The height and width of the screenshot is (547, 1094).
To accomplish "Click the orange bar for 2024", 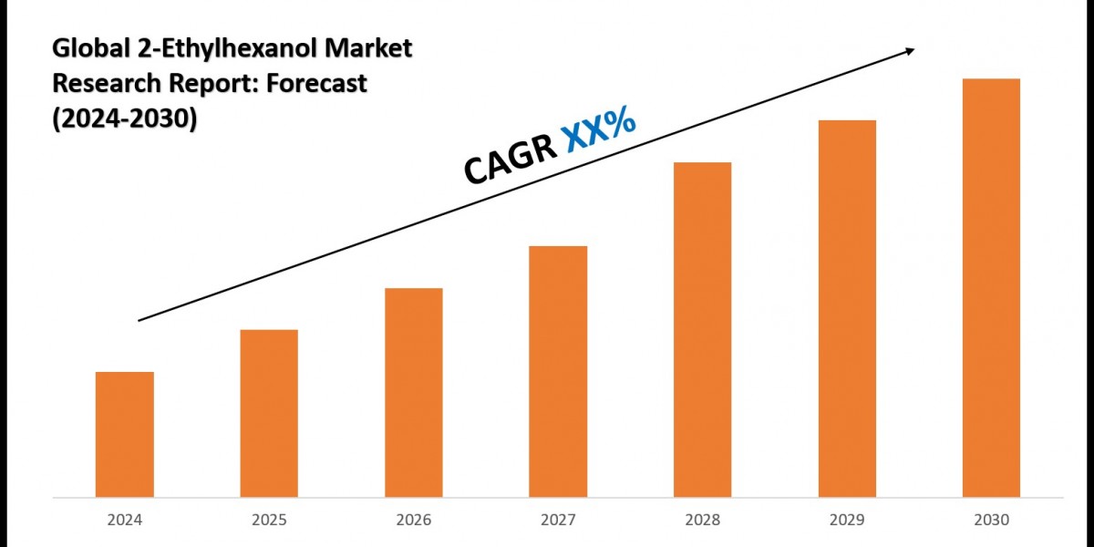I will (124, 434).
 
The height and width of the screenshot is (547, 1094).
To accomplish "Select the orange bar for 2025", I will (269, 413).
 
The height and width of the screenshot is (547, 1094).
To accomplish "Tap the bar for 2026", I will (413, 392).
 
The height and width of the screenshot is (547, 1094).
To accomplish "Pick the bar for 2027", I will (558, 371).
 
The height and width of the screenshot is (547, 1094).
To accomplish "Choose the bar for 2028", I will (702, 329).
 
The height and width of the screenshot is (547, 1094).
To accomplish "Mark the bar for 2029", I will (847, 308).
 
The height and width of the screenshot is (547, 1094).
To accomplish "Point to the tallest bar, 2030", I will (991, 287).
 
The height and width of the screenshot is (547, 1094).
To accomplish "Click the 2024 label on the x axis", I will (124, 521).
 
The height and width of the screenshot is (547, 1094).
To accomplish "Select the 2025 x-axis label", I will (269, 521).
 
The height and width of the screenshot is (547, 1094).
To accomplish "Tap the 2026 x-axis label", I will (413, 521).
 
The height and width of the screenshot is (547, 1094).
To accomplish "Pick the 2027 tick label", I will (558, 521).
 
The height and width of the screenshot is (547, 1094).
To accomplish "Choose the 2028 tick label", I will (702, 521).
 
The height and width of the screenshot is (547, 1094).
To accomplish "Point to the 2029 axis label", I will (847, 521).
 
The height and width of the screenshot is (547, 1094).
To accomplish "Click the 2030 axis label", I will (991, 521).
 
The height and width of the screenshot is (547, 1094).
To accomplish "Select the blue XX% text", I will (599, 130).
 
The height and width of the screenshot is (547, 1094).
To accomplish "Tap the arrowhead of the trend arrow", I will (909, 51).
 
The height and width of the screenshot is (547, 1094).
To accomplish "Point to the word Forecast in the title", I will (315, 84).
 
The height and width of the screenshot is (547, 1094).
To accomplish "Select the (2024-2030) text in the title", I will (124, 118).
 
